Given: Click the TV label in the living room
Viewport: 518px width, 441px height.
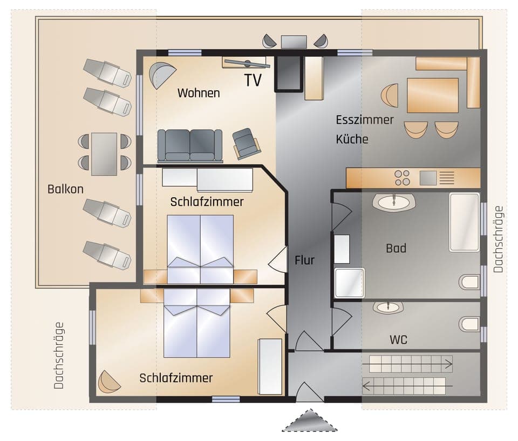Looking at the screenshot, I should click(x=253, y=81).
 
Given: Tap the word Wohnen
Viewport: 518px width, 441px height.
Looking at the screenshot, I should click(x=199, y=93).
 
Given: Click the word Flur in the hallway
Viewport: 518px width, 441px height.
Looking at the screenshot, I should click(x=304, y=260).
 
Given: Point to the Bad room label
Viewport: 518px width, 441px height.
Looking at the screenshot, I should click(x=396, y=249).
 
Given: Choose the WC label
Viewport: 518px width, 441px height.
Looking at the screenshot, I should click(x=398, y=340).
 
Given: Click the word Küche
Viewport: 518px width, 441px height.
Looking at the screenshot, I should click(x=352, y=139).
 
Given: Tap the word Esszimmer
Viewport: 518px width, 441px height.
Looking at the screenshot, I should click(x=365, y=119).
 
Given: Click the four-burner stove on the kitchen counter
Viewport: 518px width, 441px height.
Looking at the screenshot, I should click(x=402, y=178).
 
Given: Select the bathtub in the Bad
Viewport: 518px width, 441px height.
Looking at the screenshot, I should click(x=464, y=222).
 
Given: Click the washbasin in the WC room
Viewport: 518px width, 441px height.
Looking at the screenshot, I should click(x=388, y=308).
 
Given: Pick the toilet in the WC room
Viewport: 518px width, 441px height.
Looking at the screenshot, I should click(x=469, y=324).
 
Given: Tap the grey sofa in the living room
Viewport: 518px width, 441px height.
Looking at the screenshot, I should click(x=190, y=145).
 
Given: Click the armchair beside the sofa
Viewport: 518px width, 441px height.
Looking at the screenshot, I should click(x=246, y=143).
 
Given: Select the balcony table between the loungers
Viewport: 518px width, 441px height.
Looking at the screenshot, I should click(x=104, y=154).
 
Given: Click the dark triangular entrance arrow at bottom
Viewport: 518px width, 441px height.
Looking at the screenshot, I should click(x=310, y=421).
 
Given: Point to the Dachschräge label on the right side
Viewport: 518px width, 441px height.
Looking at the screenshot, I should click(x=498, y=239).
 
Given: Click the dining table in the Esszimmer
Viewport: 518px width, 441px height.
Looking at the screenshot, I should click(x=432, y=95).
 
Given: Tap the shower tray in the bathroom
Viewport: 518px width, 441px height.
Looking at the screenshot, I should click(x=349, y=283).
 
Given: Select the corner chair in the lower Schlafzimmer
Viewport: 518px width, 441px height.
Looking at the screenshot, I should click(x=109, y=382).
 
